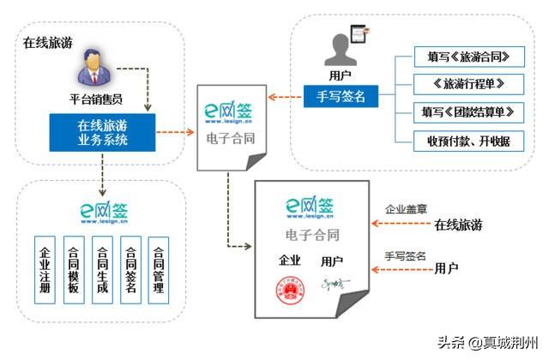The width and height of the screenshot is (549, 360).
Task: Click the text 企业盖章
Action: pyautogui.click(x=404, y=209)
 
